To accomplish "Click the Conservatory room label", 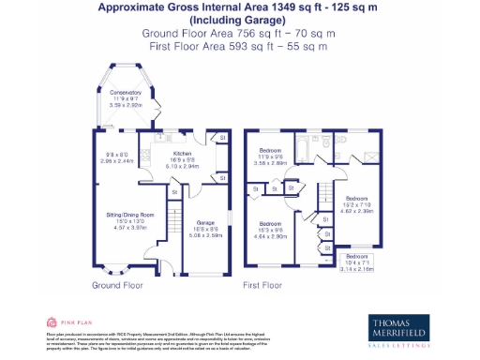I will (x=125, y=93).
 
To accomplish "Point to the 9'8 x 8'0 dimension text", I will (x=119, y=157).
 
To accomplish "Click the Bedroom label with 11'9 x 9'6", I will (x=270, y=152).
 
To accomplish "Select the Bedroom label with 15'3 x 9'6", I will (x=270, y=223).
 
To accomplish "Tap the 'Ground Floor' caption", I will (x=117, y=283).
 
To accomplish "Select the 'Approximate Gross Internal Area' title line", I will (x=239, y=7).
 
